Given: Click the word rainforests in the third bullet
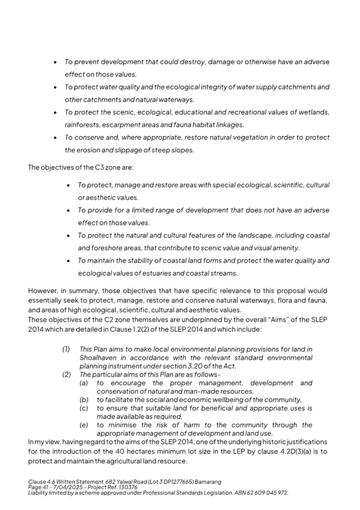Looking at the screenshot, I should (x=83, y=124).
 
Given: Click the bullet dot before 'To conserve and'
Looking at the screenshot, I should (x=55, y=138).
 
